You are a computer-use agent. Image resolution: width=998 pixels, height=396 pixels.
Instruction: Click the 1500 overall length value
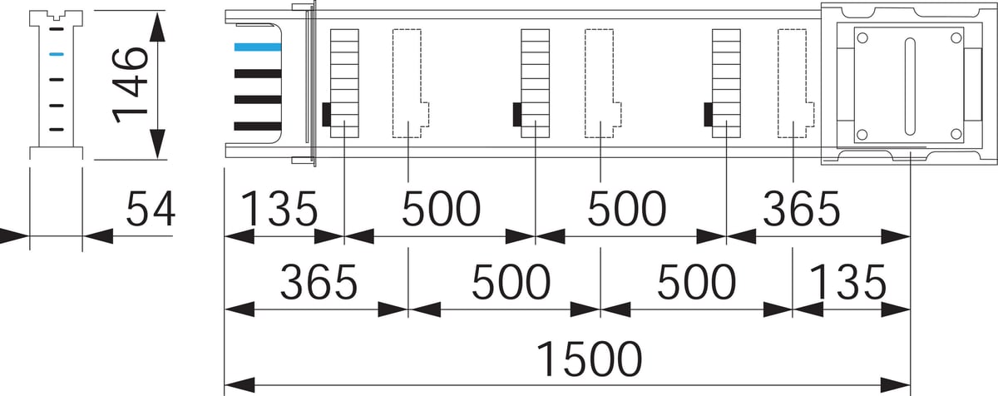click(x=589, y=359)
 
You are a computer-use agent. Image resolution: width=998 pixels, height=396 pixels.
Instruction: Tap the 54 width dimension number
click(x=151, y=209)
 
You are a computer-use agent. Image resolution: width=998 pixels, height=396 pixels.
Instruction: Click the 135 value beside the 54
click(x=279, y=209)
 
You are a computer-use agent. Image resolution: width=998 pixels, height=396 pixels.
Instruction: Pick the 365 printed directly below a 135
click(x=319, y=283)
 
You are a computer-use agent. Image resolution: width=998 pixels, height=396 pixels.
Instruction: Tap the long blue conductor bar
click(x=257, y=47)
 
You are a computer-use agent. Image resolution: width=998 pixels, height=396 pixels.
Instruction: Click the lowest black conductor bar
click(x=257, y=126)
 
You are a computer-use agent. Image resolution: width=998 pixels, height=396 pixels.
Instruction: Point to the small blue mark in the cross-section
click(x=56, y=55)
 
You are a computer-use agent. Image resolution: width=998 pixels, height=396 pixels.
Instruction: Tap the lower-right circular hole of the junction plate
click(x=956, y=133)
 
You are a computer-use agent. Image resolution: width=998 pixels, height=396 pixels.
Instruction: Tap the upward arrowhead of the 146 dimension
click(x=157, y=27)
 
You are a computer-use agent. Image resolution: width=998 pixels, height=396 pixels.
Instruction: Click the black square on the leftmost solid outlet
click(x=327, y=114)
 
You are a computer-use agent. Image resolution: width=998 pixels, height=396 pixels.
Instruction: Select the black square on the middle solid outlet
click(x=517, y=114)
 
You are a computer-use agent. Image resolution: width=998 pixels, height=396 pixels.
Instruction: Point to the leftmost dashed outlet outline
click(x=408, y=82)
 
